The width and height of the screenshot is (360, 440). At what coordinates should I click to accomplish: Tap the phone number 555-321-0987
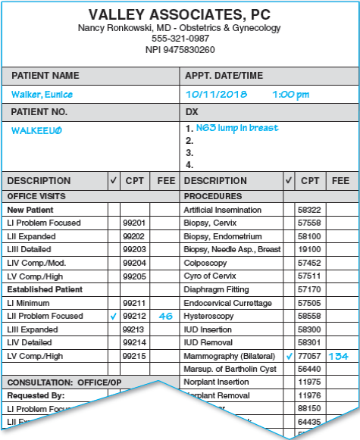[x=180, y=39]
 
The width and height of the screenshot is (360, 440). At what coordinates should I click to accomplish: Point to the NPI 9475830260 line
[x=180, y=49]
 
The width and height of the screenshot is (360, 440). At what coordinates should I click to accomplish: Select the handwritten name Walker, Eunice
[x=42, y=95]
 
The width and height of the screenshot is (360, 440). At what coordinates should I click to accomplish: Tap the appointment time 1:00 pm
[x=291, y=95]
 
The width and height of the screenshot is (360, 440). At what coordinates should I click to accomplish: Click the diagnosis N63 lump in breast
[x=236, y=128]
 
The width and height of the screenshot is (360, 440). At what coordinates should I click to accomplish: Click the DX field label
[x=191, y=111]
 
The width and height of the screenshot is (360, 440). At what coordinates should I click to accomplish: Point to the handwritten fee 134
[x=340, y=356]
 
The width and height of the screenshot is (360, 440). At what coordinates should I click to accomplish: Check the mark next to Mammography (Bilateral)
[x=289, y=356]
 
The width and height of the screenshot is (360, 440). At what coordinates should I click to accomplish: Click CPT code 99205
[x=133, y=276]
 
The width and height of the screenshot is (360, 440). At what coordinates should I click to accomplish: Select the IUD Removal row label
[x=209, y=342]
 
